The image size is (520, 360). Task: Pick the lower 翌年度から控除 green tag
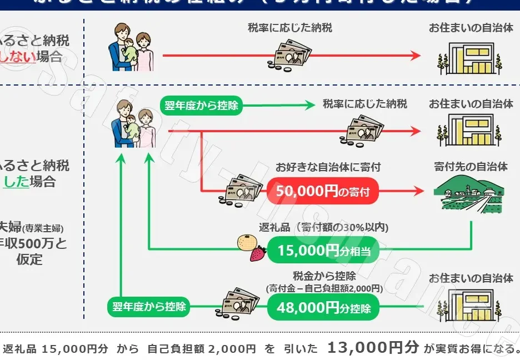click(149, 306)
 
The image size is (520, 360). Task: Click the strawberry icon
click(258, 254)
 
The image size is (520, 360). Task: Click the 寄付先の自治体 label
click(471, 167)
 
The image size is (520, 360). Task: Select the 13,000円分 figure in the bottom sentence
click(373, 348)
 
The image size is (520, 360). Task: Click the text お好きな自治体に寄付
click(328, 167)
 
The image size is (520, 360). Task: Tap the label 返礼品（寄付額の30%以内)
click(323, 227)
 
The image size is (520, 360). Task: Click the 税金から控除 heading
click(324, 276)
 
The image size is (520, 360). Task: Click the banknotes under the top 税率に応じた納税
click(291, 56)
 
